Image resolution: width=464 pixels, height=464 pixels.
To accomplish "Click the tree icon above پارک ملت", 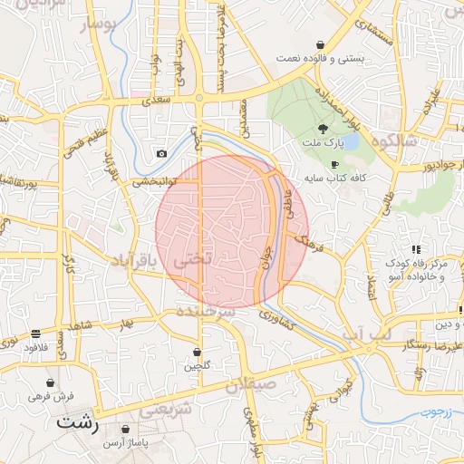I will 324,129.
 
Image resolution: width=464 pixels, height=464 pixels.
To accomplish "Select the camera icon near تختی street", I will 161,154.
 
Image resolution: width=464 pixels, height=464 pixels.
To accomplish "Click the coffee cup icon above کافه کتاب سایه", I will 335,165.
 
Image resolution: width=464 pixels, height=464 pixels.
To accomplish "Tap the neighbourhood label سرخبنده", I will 208,311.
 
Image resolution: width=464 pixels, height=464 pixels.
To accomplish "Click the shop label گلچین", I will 198,366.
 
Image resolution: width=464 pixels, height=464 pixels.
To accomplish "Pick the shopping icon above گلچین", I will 198,352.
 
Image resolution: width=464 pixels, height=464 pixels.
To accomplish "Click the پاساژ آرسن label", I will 124,442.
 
